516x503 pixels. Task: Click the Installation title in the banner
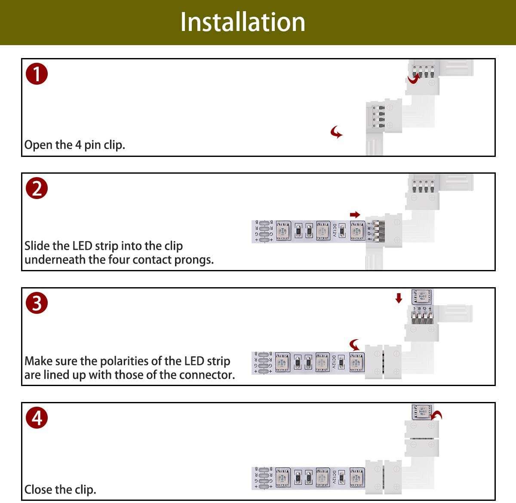point(243,22)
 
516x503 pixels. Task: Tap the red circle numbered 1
point(37,74)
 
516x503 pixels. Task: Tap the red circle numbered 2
point(37,188)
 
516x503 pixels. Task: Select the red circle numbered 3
point(37,303)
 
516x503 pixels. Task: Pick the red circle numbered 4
point(37,417)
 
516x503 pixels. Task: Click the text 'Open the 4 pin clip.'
point(74,145)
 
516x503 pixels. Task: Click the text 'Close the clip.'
point(60,489)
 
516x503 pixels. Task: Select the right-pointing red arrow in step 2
point(355,215)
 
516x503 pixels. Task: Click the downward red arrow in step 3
point(399,298)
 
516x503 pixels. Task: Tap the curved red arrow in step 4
point(437,415)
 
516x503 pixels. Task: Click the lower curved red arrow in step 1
point(336,132)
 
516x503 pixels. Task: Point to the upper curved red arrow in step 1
point(414,79)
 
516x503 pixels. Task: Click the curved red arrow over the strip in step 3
point(354,345)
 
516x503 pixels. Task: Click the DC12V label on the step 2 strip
point(334,231)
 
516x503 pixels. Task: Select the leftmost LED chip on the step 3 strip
point(283,363)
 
